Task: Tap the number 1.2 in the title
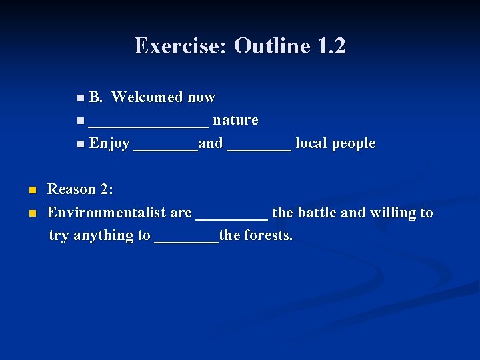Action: [x=331, y=46]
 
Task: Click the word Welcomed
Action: [x=147, y=97]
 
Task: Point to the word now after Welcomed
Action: [x=201, y=97]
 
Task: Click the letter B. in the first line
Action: [x=95, y=97]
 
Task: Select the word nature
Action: [x=235, y=121]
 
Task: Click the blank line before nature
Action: [x=149, y=122]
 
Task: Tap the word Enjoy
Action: [x=109, y=144]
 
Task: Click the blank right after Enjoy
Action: [x=165, y=145]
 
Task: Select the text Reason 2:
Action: [x=81, y=189]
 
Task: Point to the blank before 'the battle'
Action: [x=231, y=215]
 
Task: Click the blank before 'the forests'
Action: [x=186, y=237]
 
